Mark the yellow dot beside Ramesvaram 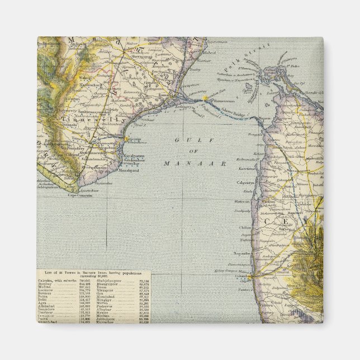tap(205, 98)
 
